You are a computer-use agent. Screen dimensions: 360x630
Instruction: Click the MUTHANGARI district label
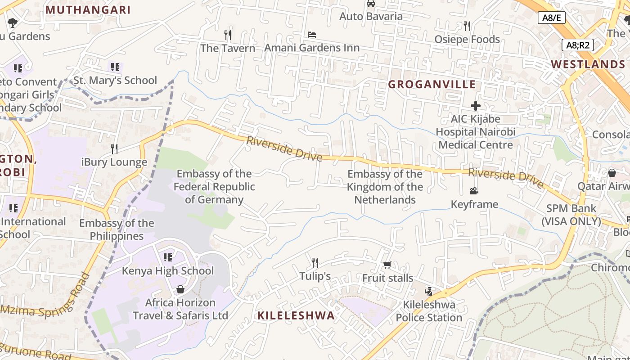pyautogui.click(x=88, y=9)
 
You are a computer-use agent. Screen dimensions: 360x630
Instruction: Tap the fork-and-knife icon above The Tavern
pyautogui.click(x=228, y=35)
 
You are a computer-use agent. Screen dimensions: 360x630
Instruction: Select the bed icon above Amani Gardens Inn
pyautogui.click(x=312, y=34)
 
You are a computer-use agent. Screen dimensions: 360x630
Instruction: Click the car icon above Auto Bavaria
pyautogui.click(x=371, y=4)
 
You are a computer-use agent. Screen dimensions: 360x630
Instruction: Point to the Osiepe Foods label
pyautogui.click(x=467, y=39)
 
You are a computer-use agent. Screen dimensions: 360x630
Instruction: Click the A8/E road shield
pyautogui.click(x=551, y=18)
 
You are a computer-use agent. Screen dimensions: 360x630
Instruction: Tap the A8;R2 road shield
pyautogui.click(x=578, y=45)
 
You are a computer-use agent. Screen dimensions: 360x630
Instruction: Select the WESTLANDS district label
pyautogui.click(x=588, y=64)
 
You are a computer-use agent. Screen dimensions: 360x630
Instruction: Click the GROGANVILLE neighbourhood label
pyautogui.click(x=432, y=84)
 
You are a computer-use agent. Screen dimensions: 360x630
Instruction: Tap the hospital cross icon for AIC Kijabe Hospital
pyautogui.click(x=476, y=106)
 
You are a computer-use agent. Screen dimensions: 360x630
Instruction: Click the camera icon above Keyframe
pyautogui.click(x=474, y=191)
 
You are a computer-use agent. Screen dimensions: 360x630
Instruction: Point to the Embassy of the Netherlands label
pyautogui.click(x=385, y=187)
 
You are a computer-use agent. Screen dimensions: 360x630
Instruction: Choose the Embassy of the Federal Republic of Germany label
pyautogui.click(x=214, y=186)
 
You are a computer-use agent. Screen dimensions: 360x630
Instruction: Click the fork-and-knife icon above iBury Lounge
pyautogui.click(x=114, y=148)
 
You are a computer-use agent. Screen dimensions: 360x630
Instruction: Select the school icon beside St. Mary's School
pyautogui.click(x=115, y=67)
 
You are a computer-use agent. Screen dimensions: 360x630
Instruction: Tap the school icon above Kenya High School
pyautogui.click(x=168, y=257)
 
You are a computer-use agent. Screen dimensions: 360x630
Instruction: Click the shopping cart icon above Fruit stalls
pyautogui.click(x=387, y=265)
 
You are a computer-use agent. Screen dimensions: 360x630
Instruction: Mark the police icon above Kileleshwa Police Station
pyautogui.click(x=428, y=291)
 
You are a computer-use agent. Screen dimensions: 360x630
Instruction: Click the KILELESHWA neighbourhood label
pyautogui.click(x=296, y=315)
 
